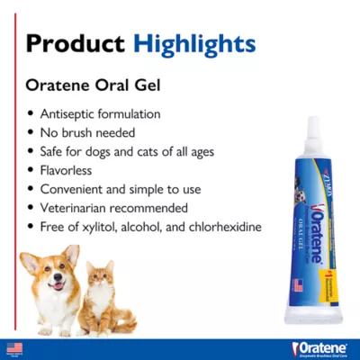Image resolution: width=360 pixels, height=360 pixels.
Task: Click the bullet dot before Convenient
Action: tap(32, 189)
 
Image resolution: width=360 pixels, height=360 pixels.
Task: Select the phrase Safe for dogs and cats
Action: tap(103, 152)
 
